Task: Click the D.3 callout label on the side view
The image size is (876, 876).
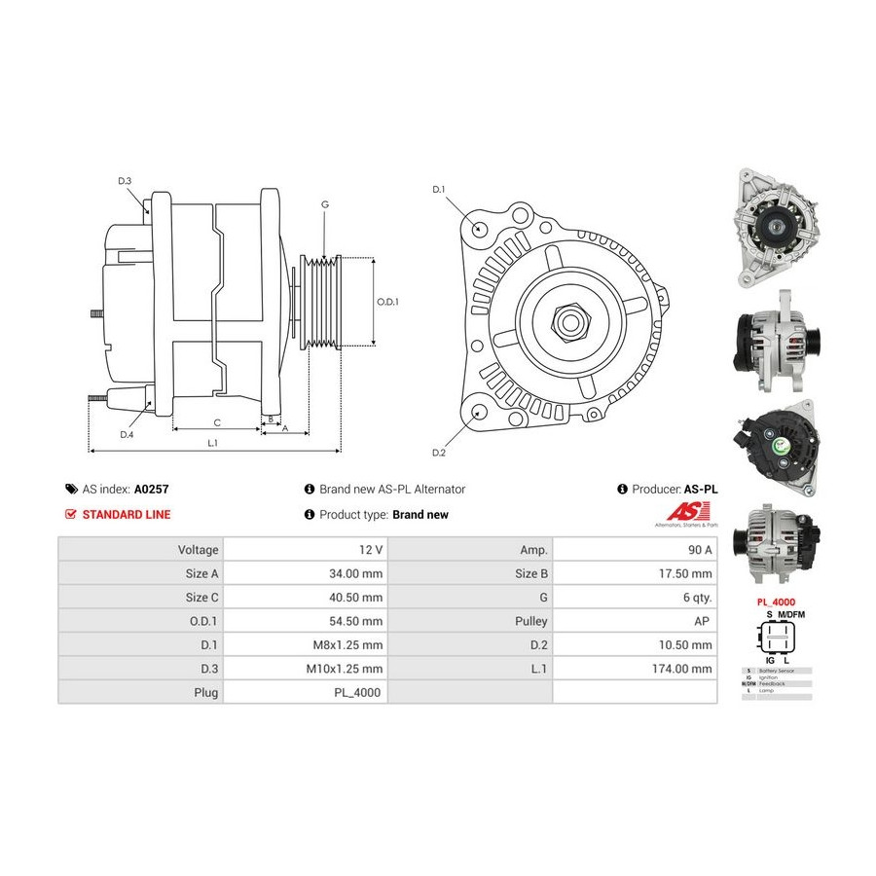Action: [x=125, y=181]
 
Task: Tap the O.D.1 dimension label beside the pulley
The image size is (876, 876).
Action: [x=388, y=302]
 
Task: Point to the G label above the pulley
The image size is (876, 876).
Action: [x=324, y=204]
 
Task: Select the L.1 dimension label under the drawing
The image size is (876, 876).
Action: [x=212, y=444]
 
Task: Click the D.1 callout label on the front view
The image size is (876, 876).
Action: [x=438, y=189]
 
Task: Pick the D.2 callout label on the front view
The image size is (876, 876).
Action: [x=438, y=453]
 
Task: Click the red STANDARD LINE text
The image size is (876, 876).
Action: [x=126, y=515]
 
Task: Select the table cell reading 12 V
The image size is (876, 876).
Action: [x=369, y=549]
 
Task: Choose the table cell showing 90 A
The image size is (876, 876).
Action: [x=699, y=549]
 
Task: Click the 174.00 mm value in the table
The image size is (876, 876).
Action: [x=682, y=669]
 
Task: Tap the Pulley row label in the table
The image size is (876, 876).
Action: [x=529, y=621]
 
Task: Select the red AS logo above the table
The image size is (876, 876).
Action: [x=681, y=512]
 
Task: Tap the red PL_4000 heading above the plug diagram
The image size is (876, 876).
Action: [x=776, y=602]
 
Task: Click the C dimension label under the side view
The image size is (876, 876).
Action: [x=217, y=422]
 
